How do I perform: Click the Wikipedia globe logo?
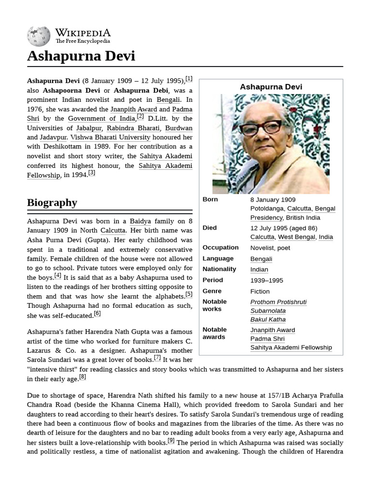click(39, 36)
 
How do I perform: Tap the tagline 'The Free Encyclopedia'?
click(82, 41)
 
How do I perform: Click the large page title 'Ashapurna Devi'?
click(81, 56)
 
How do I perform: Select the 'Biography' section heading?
click(52, 203)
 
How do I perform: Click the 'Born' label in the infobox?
click(210, 199)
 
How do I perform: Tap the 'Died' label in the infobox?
click(210, 228)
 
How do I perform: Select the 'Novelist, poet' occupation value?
click(270, 248)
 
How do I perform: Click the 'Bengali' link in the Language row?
click(261, 259)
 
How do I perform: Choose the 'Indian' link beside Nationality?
click(259, 270)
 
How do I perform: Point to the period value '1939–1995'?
click(266, 281)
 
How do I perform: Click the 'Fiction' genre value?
click(260, 291)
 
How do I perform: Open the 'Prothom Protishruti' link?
click(278, 302)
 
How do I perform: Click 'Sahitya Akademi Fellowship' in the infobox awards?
click(291, 347)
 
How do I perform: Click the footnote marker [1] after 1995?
click(189, 79)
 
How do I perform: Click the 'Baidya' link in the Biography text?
click(140, 221)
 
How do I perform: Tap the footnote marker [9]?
click(171, 440)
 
